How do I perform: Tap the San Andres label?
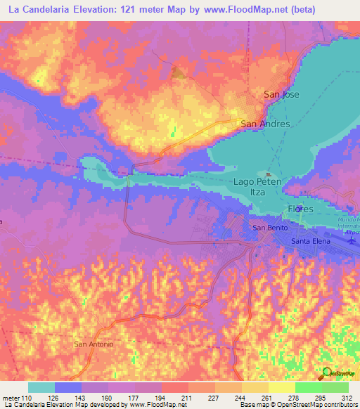[x=265, y=124]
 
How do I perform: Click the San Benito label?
[x=268, y=228]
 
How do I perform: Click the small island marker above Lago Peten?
[x=268, y=174]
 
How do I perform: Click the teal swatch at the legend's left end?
[x=41, y=387]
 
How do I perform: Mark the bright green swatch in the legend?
[x=309, y=387]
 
